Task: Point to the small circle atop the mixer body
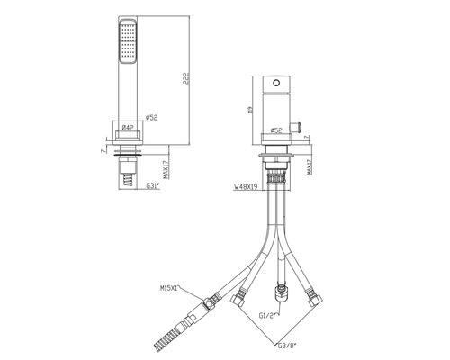[276, 80]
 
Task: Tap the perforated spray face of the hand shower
[126, 46]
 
